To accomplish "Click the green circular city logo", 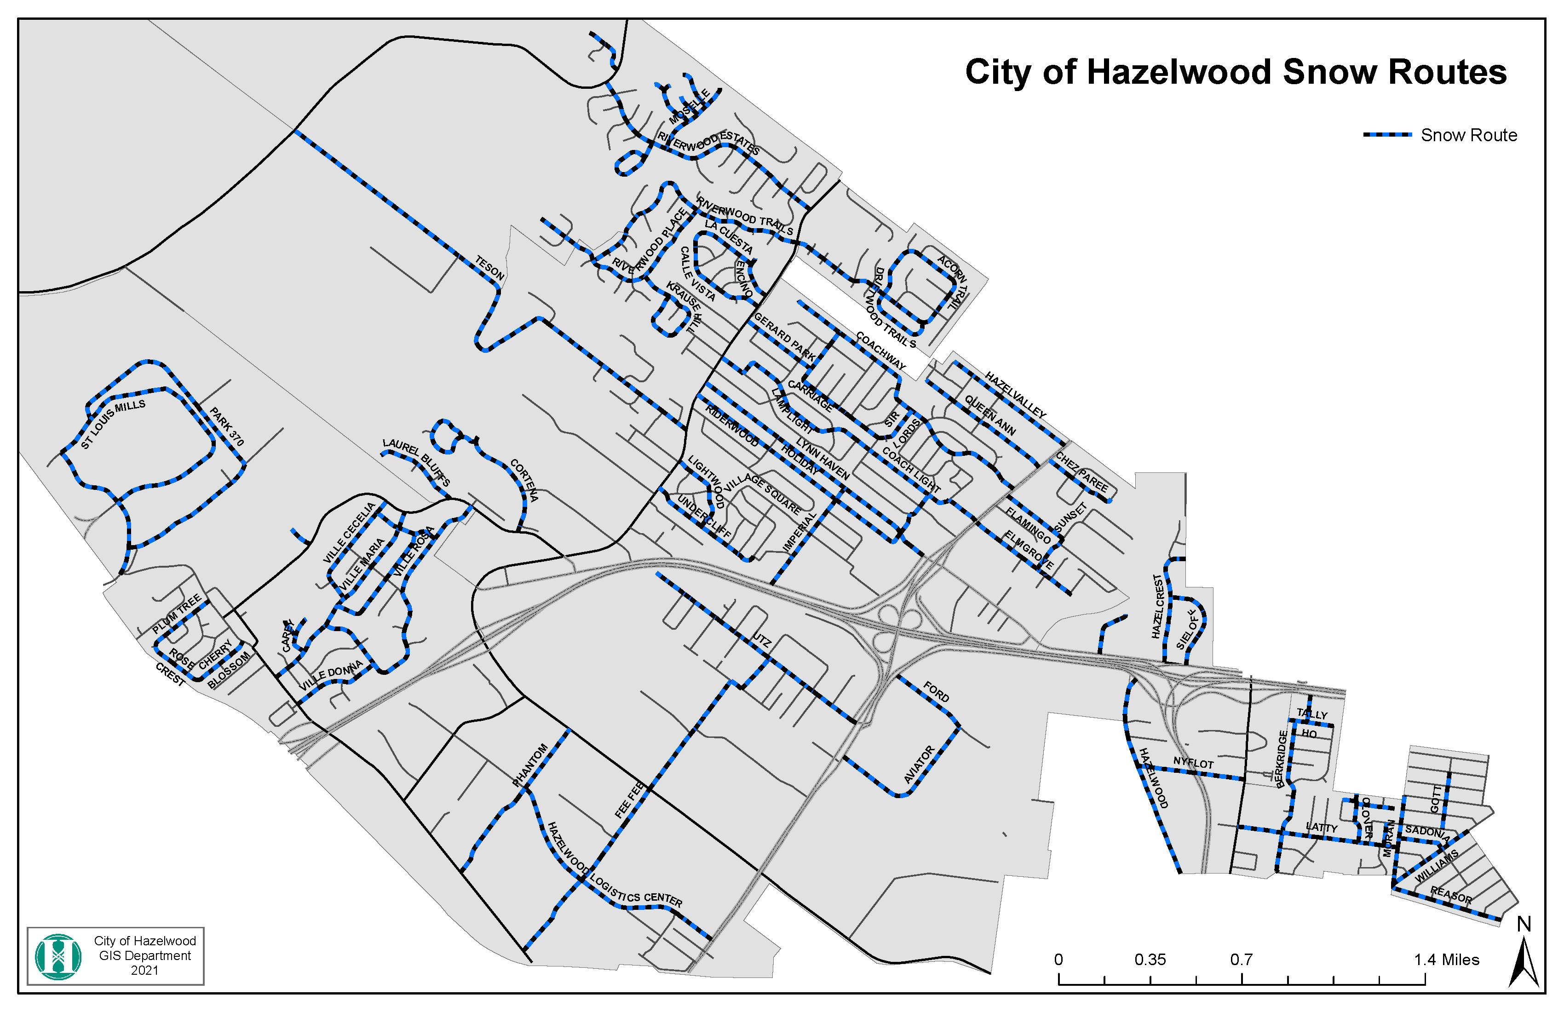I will (x=58, y=957).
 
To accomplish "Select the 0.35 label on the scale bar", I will (x=1150, y=960).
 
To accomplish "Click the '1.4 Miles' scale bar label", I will (x=1446, y=960).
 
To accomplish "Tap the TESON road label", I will (x=489, y=268).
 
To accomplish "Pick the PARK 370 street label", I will (x=227, y=426).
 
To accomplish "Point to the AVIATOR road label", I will (x=919, y=764).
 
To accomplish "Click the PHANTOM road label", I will (x=529, y=765).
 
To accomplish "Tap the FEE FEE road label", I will (x=630, y=800).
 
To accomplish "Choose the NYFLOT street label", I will (x=1193, y=763).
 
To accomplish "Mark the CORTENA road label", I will (x=524, y=480).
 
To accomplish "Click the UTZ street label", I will (x=762, y=640).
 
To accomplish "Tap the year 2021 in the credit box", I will (x=144, y=971).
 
